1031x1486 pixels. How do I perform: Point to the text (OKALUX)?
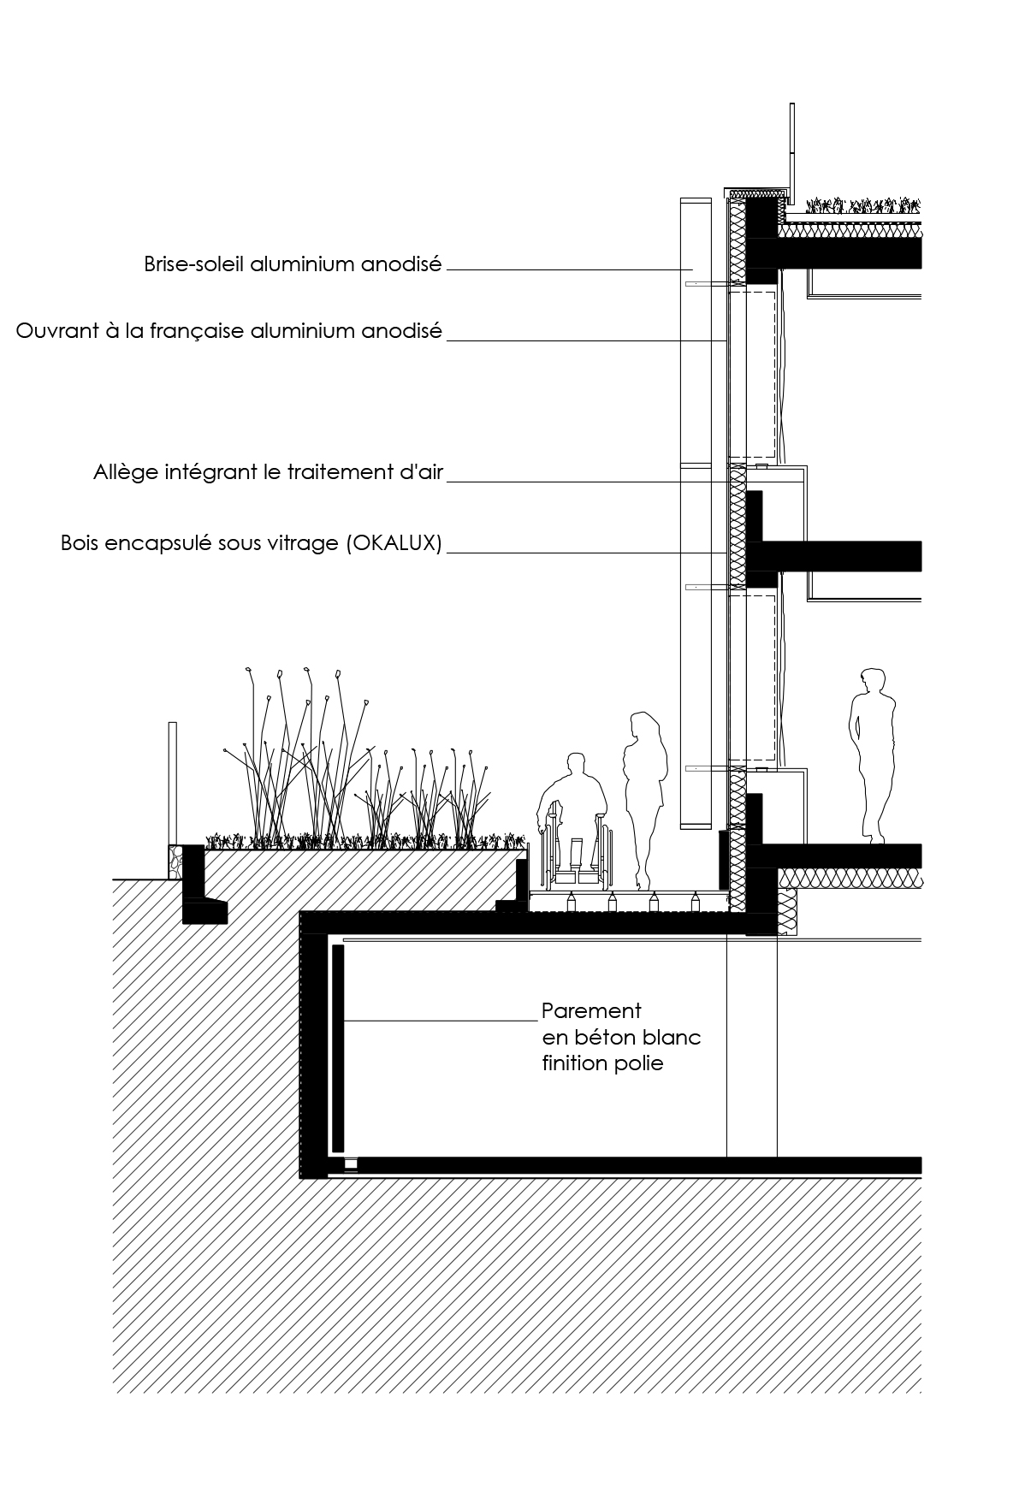point(394,543)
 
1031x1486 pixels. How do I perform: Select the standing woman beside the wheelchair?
point(644,799)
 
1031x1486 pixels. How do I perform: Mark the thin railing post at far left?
point(173,784)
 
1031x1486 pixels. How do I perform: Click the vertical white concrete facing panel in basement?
point(338,1048)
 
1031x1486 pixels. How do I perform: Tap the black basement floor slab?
point(633,1164)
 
